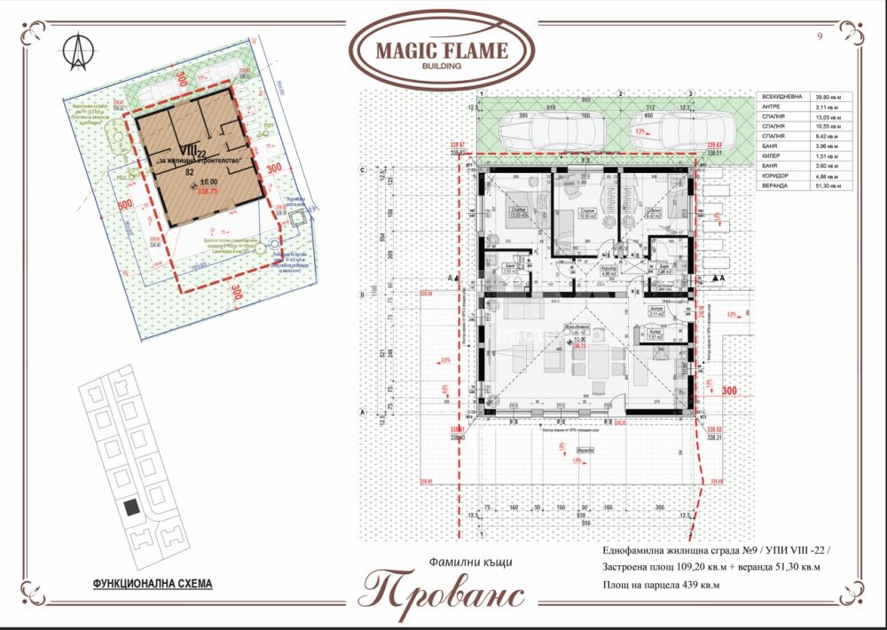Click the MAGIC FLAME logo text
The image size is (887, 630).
442,50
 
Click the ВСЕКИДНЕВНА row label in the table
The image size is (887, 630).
780,98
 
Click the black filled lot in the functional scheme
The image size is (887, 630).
130,508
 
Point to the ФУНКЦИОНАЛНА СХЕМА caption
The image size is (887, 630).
153,585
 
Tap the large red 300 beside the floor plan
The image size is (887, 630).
729,390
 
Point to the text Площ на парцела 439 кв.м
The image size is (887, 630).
662,585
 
